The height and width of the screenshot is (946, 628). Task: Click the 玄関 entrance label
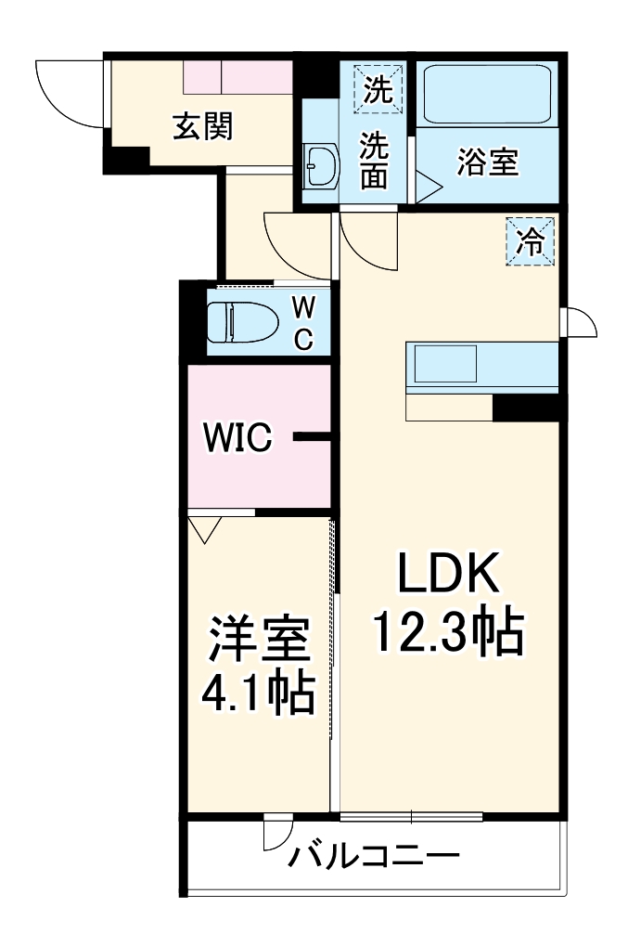(202, 126)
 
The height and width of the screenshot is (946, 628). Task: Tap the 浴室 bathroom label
(487, 162)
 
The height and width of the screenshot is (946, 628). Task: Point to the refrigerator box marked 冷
(530, 242)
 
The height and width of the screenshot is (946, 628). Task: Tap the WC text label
(303, 322)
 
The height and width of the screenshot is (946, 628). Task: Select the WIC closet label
(238, 436)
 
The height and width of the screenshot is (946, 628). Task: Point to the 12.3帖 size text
(449, 633)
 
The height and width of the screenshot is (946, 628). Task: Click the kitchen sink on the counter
(444, 364)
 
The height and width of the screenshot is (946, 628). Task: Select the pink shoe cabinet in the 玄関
(237, 77)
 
